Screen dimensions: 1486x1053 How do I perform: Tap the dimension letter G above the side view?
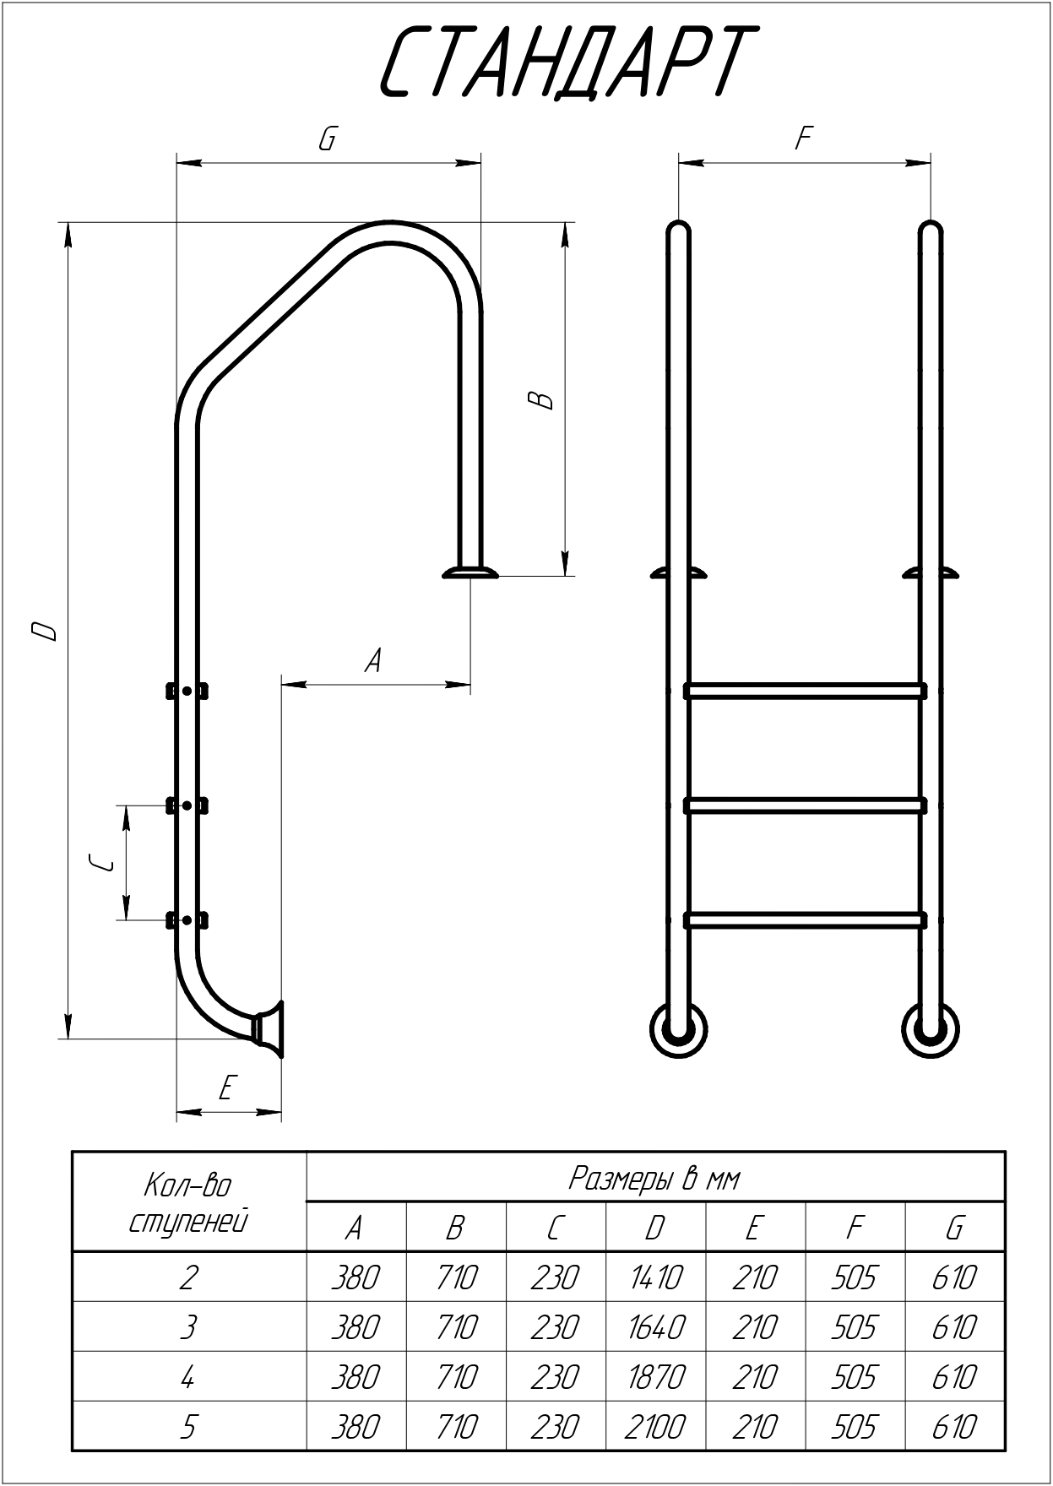point(328,138)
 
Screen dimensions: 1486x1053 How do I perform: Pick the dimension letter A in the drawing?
point(373,660)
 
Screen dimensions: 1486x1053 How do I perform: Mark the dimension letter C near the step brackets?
point(101,862)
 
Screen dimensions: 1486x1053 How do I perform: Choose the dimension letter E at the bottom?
point(226,1088)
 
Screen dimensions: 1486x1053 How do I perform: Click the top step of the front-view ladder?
point(805,691)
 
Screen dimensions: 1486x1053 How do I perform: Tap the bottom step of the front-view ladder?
point(805,919)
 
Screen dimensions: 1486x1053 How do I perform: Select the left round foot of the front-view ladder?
point(677,1029)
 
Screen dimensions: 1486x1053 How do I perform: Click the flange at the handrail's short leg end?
point(470,572)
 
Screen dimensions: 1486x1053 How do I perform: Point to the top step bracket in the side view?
point(187,691)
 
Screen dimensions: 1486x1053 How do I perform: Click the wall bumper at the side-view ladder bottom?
point(270,1028)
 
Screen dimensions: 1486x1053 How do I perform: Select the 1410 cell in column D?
point(655,1277)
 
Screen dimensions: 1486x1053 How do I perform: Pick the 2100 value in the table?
point(655,1427)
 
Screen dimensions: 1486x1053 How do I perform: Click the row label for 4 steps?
point(188,1377)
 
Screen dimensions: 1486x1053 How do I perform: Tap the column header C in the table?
point(555,1228)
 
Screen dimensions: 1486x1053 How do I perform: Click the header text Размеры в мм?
point(654,1178)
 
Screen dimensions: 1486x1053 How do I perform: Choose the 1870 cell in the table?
point(655,1377)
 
